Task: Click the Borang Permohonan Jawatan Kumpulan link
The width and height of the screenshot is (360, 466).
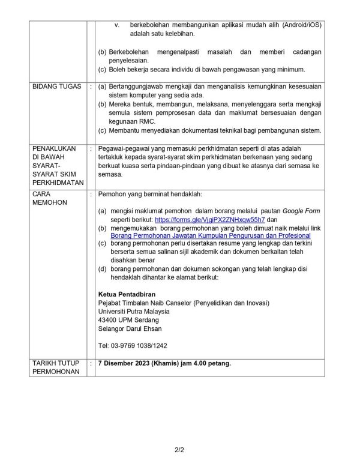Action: pyautogui.click(x=209, y=236)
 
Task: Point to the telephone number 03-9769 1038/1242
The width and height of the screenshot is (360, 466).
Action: pyautogui.click(x=143, y=345)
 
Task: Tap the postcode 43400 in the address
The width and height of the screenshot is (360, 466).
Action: pyautogui.click(x=108, y=319)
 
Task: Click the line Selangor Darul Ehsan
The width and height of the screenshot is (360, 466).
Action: pyautogui.click(x=130, y=328)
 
